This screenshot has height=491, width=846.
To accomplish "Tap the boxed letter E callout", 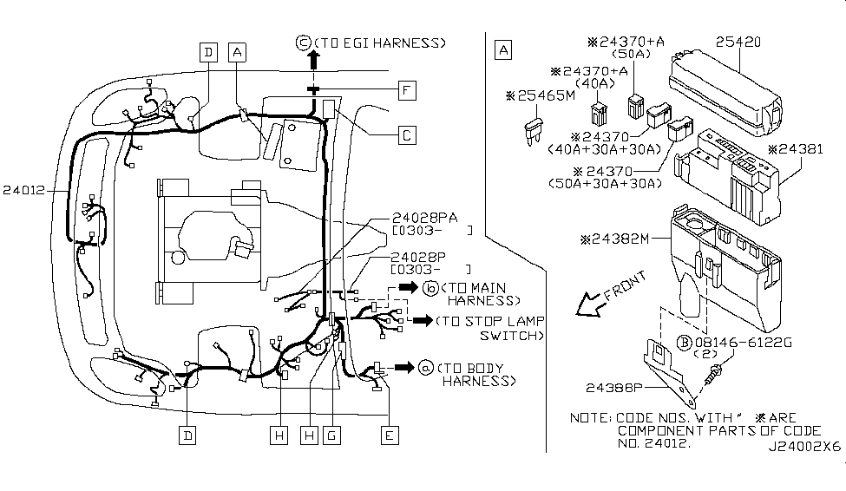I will [x=390, y=435].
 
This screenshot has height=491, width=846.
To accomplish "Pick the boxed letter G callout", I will [x=330, y=435].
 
